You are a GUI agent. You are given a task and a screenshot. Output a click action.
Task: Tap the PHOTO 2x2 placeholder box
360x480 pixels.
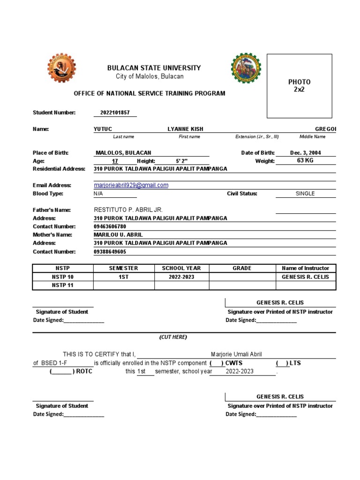pos(299,86)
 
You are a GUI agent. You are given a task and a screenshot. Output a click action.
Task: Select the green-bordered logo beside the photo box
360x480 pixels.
pos(246,68)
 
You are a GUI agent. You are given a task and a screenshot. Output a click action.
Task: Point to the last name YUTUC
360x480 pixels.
pos(103,129)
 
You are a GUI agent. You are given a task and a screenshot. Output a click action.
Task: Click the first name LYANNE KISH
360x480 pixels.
pos(186,129)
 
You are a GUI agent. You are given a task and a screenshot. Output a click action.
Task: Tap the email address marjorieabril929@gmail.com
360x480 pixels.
pos(131,185)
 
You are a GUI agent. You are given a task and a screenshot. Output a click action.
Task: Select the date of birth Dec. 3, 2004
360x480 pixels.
pos(306,153)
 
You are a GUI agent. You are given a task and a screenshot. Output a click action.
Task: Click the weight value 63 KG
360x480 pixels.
pos(305,161)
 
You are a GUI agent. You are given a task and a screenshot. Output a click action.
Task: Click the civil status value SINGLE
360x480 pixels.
pos(305,194)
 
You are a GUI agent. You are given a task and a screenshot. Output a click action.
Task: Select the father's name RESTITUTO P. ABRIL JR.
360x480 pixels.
pos(128,210)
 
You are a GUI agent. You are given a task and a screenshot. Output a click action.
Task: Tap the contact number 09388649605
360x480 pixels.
pos(110,252)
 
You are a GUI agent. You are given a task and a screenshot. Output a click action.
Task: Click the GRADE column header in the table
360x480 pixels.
pos(242,268)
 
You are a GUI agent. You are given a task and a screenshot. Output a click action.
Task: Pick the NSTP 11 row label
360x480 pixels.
pos(63,285)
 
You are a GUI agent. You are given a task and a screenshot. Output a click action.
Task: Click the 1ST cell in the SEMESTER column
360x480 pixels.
pos(124,277)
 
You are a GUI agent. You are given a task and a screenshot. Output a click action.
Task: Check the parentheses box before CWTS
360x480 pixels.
pos(216,363)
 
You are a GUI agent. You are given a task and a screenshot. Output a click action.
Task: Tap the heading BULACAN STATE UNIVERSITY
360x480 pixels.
pos(154,68)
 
